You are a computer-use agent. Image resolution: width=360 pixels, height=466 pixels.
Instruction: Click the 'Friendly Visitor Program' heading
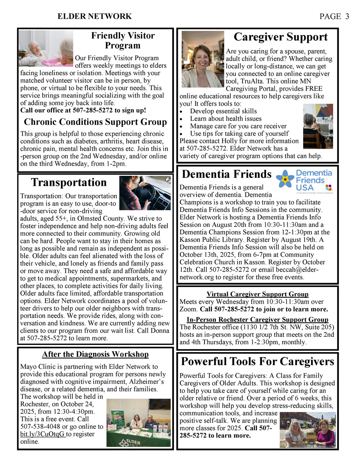[123, 40]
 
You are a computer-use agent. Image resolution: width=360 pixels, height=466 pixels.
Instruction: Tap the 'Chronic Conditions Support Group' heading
[95, 122]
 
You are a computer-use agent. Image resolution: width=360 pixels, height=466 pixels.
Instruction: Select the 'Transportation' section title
[69, 183]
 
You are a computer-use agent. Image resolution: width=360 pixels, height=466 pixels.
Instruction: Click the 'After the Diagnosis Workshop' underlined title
[95, 354]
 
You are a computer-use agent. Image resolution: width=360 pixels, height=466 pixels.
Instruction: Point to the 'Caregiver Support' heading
[280, 37]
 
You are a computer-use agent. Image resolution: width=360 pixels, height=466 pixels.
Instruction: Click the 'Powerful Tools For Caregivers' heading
[257, 362]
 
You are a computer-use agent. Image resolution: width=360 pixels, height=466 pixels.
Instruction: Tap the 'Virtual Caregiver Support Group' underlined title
[257, 294]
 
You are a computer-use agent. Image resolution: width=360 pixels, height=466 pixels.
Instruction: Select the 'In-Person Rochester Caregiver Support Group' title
[257, 320]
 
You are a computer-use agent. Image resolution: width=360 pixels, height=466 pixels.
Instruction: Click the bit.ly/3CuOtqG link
[42, 434]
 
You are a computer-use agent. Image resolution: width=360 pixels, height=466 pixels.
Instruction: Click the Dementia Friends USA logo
[305, 181]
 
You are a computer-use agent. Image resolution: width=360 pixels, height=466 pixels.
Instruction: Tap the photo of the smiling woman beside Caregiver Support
[203, 59]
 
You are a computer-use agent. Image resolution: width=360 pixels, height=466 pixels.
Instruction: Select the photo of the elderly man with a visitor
[46, 48]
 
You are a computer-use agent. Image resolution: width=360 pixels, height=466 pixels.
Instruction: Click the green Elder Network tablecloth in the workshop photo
[139, 440]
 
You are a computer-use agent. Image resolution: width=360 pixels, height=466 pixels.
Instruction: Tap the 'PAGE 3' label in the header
[334, 17]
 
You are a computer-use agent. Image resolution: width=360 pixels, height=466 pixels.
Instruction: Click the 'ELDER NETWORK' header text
[95, 17]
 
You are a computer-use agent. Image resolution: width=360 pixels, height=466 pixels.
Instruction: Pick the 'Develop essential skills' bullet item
[223, 111]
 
